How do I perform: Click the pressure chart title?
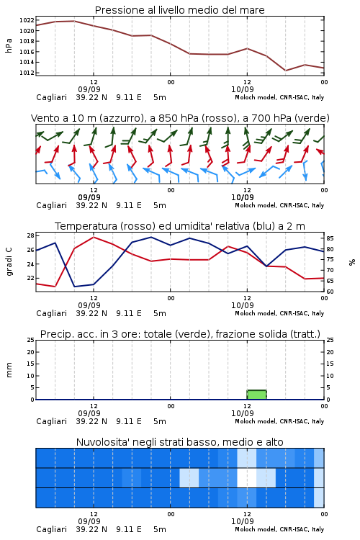tap(179, 10)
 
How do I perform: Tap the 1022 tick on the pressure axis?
tap(27, 20)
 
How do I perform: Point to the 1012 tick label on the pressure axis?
tap(27, 73)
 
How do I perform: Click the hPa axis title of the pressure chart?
tap(9, 45)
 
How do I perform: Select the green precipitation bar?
tap(256, 395)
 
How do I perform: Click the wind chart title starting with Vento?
tap(180, 118)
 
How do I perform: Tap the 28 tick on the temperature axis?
tap(30, 235)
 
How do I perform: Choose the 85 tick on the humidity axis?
tap(330, 238)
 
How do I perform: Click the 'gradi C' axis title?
tap(9, 261)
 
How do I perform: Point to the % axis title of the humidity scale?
tap(352, 262)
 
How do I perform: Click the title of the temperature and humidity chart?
tap(180, 226)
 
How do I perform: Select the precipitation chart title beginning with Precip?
tap(180, 334)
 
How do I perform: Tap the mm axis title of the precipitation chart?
tap(9, 370)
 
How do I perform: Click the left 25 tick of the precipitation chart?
tap(30, 340)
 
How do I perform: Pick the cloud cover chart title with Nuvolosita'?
tap(179, 442)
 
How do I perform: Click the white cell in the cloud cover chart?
tap(247, 477)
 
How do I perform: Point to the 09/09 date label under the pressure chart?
tap(89, 89)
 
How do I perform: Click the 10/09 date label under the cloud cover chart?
tap(242, 521)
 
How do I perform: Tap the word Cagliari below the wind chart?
tap(51, 205)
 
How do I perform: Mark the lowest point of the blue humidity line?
tap(74, 287)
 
